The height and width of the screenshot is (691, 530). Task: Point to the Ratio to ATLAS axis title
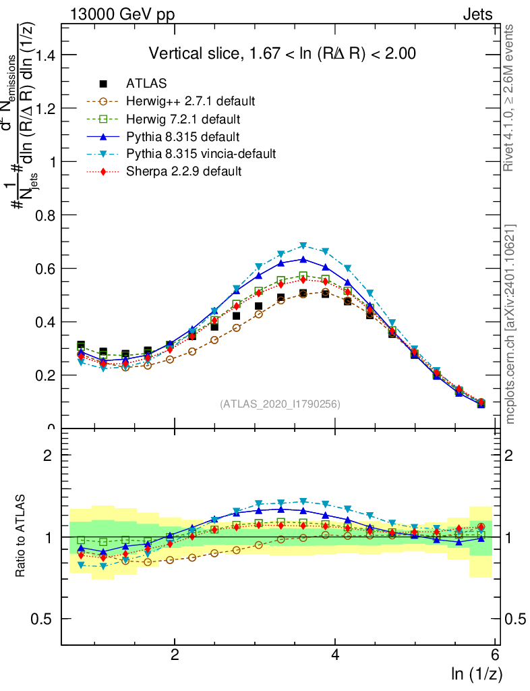tap(20, 536)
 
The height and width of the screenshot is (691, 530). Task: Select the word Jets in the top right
tap(477, 14)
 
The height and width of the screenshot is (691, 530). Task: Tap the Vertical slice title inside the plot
tap(282, 53)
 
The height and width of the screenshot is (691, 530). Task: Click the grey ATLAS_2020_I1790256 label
tap(280, 404)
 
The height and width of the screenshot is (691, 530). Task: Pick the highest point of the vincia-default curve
tap(303, 246)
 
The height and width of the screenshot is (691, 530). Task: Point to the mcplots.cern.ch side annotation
tap(510, 324)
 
